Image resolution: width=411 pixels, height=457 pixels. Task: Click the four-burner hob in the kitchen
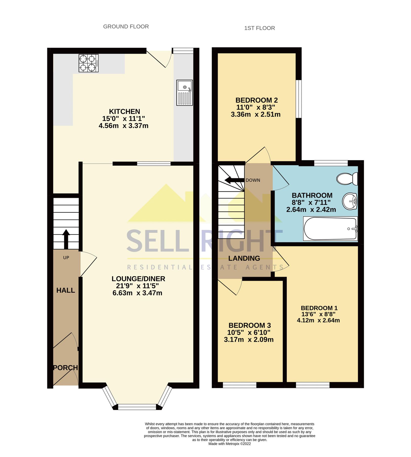point(88,63)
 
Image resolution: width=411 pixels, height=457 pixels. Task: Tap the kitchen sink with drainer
point(185,93)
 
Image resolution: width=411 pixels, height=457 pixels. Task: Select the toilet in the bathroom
point(347,179)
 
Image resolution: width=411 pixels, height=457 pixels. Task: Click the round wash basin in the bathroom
point(350,201)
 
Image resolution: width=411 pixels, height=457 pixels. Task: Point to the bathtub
point(330,228)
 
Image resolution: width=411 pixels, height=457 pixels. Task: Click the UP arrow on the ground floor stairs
point(66,239)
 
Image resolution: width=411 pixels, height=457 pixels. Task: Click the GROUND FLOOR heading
point(126,27)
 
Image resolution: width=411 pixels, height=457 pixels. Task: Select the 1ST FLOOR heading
point(259,28)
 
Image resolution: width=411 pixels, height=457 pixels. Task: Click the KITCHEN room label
point(124,111)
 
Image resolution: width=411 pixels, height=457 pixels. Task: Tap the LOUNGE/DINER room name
point(138,279)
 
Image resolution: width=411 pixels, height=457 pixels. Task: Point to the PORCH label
point(65,368)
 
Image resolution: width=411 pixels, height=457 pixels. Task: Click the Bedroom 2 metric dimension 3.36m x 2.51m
point(256,115)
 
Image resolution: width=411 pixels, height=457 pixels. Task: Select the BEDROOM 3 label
point(249,325)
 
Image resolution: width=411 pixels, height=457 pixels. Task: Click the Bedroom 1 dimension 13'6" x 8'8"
point(318,314)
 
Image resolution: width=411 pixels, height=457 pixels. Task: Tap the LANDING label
point(244,258)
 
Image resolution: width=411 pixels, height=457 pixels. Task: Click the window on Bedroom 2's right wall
point(299,99)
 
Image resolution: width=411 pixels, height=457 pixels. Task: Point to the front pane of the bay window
point(137,407)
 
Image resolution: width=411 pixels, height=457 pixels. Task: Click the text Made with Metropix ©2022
point(229,444)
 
